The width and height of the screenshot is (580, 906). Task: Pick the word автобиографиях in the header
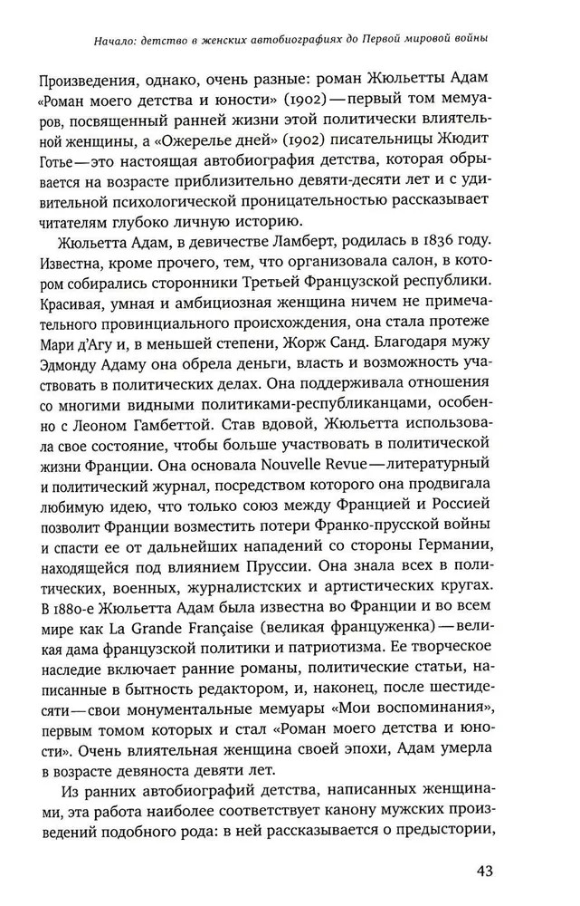[x=295, y=38]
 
